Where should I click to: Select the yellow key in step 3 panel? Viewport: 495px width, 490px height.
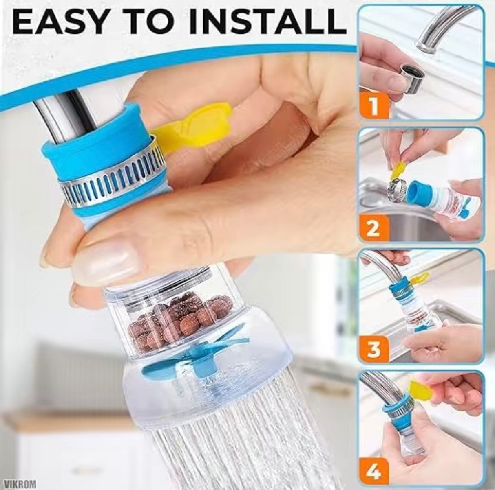[x=420, y=279]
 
